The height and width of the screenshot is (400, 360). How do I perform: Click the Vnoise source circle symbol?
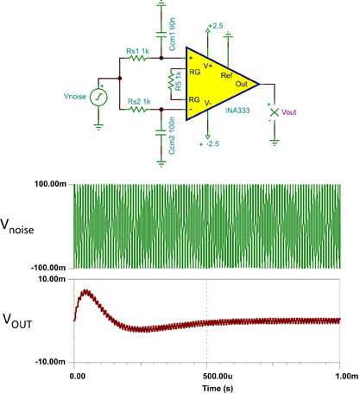coord(98,98)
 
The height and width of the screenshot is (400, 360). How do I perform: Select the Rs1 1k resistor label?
coord(138,51)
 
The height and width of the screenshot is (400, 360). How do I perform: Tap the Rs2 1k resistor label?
coord(139,102)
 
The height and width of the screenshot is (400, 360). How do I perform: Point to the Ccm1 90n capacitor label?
coord(172,35)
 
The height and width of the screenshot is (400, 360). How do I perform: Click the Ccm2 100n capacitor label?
coord(172,136)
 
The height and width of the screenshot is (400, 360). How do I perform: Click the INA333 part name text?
coord(237,111)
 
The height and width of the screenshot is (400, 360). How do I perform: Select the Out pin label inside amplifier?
coord(241,84)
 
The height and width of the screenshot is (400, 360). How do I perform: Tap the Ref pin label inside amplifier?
coord(226,75)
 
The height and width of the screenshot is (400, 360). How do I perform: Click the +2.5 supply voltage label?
coord(216,26)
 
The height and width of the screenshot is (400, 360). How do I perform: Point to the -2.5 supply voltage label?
coord(212,143)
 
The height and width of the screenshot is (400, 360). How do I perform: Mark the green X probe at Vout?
coord(275,112)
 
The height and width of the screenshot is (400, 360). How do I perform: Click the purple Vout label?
coord(288,112)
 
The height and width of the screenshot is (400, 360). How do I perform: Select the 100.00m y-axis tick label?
coord(51,184)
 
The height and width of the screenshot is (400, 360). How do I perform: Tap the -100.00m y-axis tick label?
coord(48,268)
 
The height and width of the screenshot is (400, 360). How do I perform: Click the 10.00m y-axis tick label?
coord(52,279)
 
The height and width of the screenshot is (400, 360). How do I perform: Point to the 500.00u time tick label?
coord(218,376)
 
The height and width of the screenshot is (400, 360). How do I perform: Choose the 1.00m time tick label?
coord(347,376)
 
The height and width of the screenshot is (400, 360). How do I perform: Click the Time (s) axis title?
coord(218,388)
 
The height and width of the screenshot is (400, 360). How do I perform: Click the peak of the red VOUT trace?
coord(85,290)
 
